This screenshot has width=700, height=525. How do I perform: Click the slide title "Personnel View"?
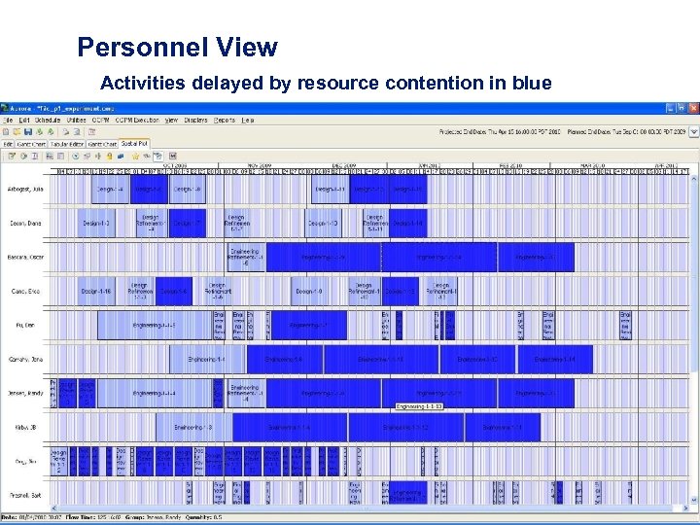[177, 47]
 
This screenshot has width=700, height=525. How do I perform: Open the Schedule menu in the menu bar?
[47, 121]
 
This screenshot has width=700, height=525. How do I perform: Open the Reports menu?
[224, 121]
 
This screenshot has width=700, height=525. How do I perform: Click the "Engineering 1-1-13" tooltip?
[419, 406]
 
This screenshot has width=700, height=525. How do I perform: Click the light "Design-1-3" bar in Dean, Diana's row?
[97, 223]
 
